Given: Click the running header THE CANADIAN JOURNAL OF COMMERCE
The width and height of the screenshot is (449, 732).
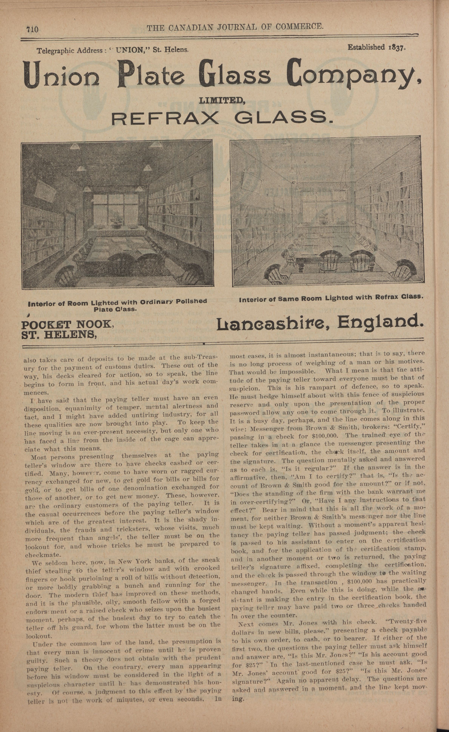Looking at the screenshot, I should point(235,27).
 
